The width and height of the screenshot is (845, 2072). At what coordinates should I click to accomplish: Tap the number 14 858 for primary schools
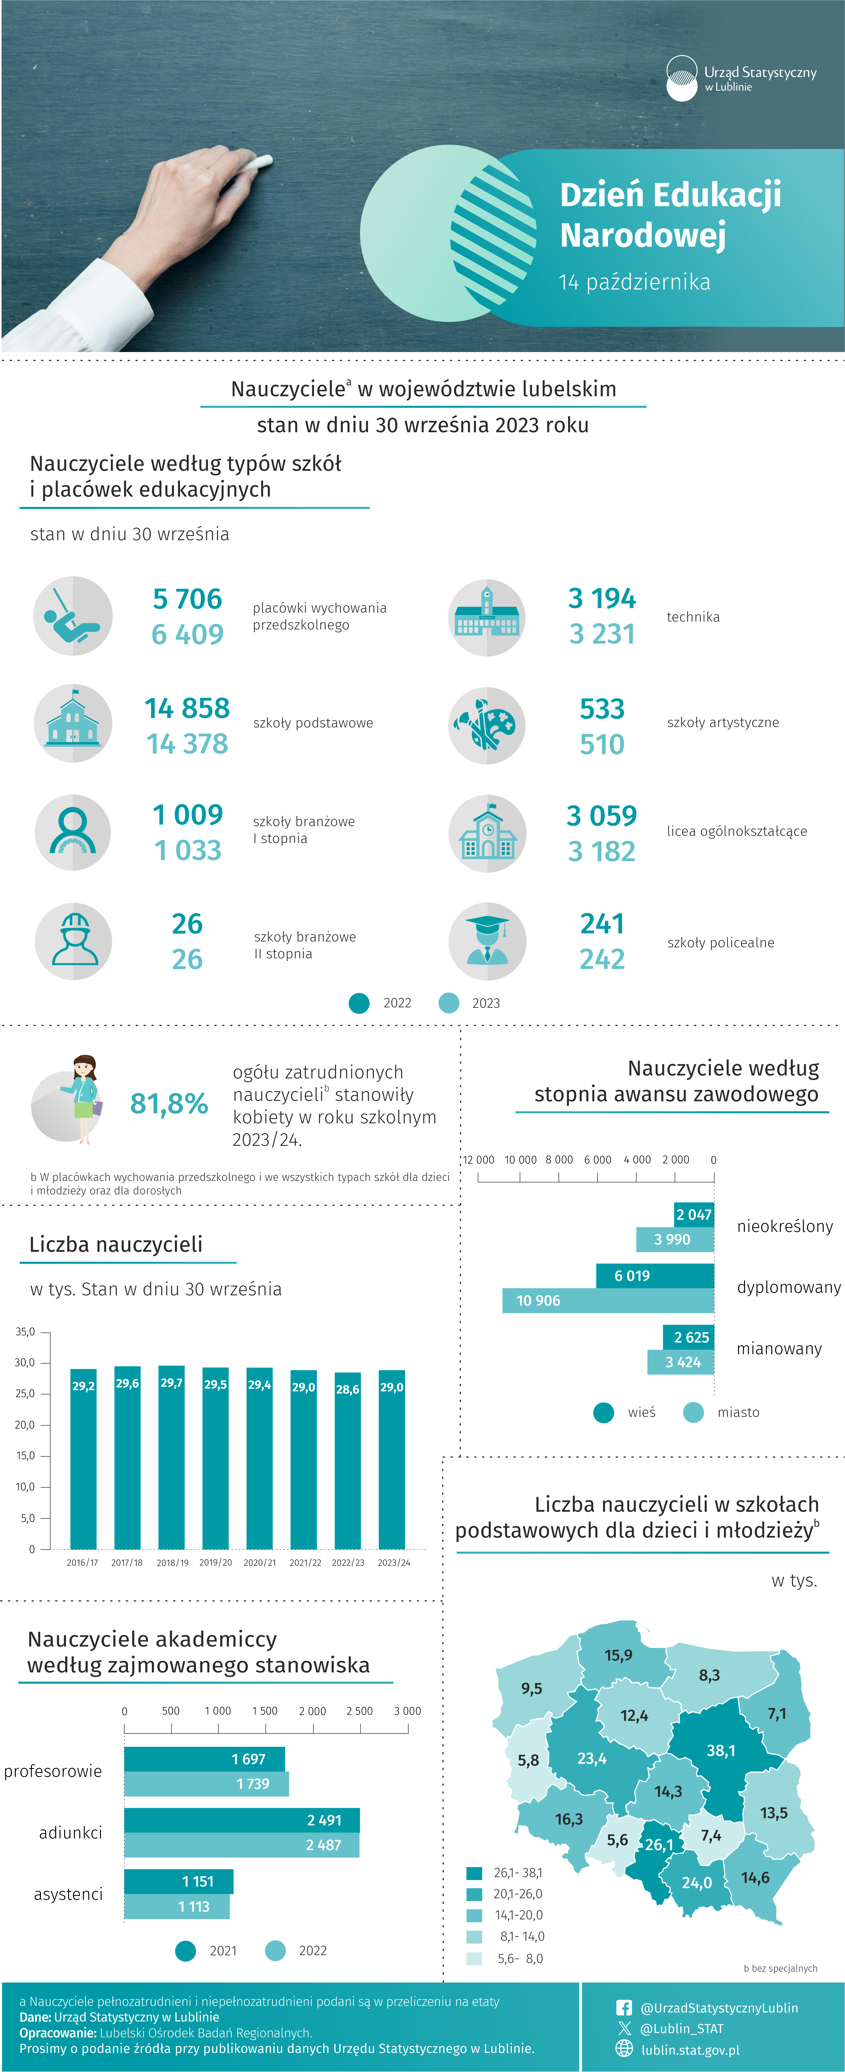pos(187,708)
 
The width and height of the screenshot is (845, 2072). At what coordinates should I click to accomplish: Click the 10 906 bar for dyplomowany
pos(608,1301)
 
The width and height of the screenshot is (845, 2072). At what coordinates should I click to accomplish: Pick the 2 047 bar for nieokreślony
pos(694,1215)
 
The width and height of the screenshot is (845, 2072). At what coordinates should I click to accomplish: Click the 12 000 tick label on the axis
pos(478,1160)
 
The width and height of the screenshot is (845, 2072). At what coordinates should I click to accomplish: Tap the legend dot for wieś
pos(604,1412)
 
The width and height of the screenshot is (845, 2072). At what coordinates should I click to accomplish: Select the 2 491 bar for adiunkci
pos(242,1820)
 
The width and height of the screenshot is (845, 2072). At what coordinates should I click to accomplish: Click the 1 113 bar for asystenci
pos(177,1906)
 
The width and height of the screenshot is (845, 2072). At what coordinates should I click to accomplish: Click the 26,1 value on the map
pos(659,1844)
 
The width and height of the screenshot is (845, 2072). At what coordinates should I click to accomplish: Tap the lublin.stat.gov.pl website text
pos(690,2050)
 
